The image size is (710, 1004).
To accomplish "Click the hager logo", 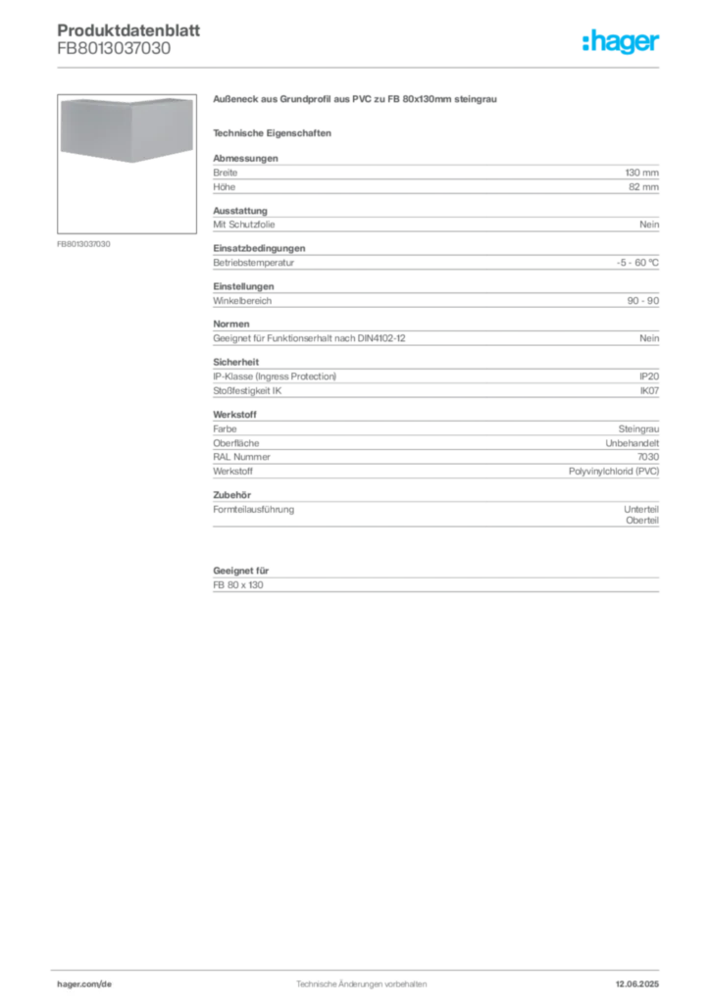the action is click(621, 41).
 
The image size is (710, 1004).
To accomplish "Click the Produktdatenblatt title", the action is click(128, 30).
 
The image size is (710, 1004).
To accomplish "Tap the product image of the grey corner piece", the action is click(127, 130).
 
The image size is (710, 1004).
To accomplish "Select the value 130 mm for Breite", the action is click(641, 173).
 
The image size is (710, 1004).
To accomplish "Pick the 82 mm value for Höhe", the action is click(643, 187).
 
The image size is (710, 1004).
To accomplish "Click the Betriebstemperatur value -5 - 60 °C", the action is click(637, 263).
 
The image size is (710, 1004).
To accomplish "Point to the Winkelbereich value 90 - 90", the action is click(642, 300).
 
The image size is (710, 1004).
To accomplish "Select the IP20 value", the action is click(649, 376).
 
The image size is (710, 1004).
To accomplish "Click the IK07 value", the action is click(649, 390).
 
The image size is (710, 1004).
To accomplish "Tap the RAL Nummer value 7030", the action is click(648, 457).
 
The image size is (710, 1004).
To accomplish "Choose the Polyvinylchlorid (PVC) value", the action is click(613, 472).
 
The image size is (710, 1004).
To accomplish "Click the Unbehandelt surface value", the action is click(632, 443).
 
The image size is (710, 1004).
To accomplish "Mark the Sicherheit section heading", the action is click(235, 362).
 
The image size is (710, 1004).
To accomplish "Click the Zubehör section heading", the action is click(231, 495).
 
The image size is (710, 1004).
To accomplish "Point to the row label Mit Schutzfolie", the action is click(244, 225).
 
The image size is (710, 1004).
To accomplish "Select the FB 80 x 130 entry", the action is click(238, 584).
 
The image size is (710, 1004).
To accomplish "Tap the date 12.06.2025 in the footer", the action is click(637, 984).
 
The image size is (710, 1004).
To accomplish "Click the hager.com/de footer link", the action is click(84, 984).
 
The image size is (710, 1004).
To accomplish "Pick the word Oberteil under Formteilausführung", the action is click(642, 520).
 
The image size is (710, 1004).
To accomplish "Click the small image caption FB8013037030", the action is click(83, 244).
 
